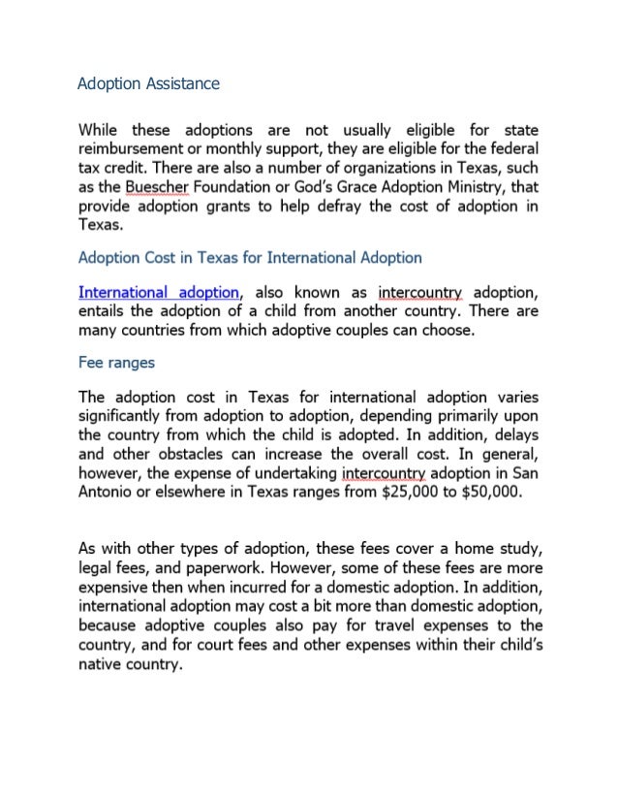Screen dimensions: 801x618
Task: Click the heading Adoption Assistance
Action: (148, 83)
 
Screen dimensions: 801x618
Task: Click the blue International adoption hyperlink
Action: (159, 292)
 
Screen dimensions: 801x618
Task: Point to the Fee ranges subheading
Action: (117, 365)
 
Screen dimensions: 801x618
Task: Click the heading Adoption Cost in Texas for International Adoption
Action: (250, 258)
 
